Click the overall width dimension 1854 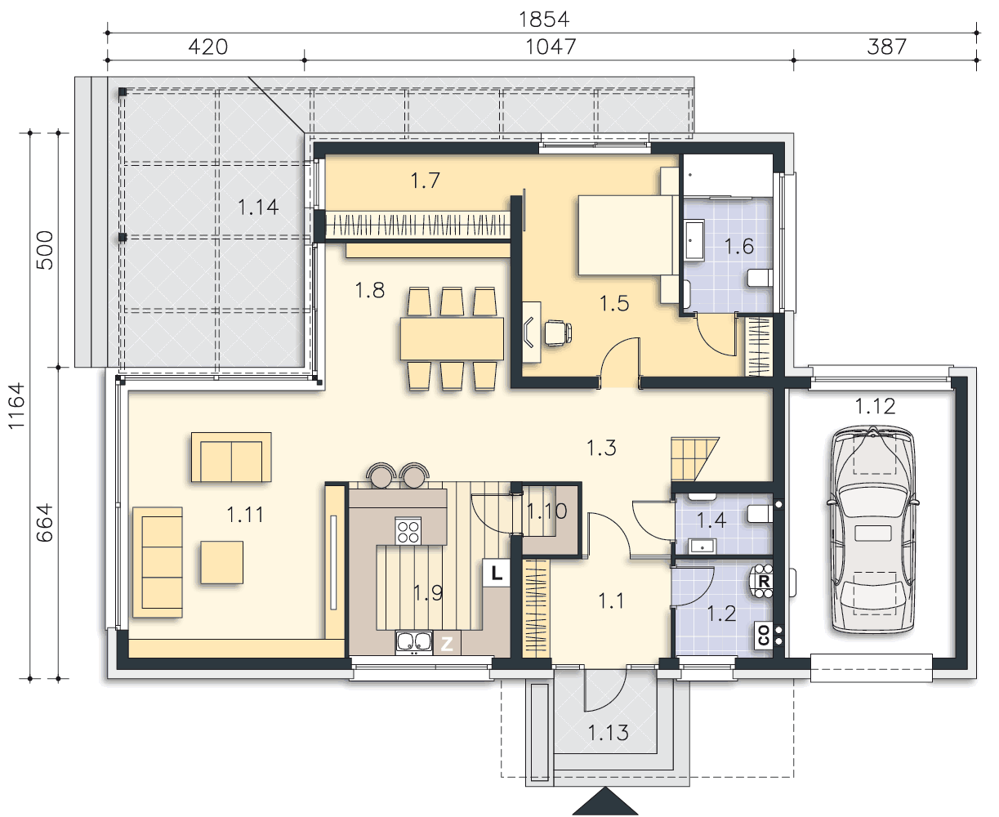[544, 20]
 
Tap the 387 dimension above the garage [886, 47]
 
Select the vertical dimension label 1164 [17, 406]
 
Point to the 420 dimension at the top [208, 47]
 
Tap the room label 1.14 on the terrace [258, 208]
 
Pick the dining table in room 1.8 [452, 338]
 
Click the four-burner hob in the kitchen [408, 531]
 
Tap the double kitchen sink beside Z [414, 642]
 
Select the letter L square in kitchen [496, 573]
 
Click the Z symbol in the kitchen [447, 644]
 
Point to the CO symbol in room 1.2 [764, 635]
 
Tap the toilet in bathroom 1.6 [760, 278]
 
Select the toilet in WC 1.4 [760, 513]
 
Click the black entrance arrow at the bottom [605, 801]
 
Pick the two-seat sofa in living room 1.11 [231, 457]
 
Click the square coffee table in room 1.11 [221, 563]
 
